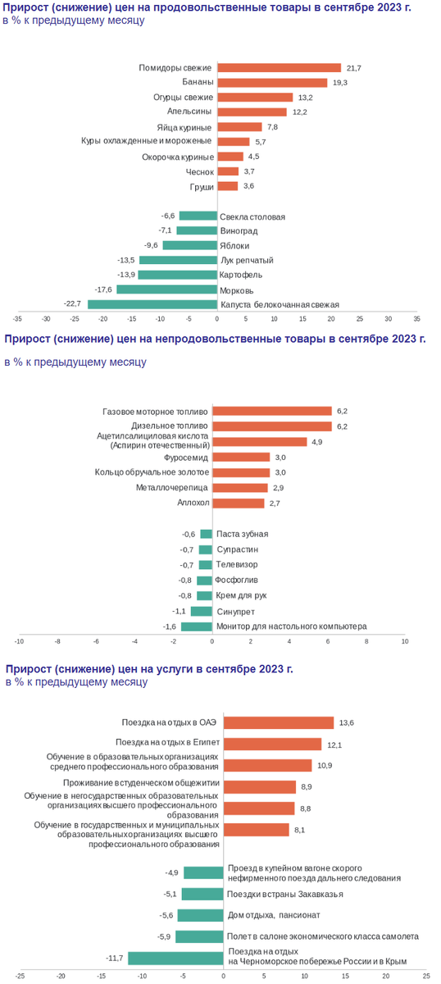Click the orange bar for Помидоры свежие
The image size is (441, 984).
(x=279, y=68)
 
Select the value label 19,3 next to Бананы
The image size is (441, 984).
(x=339, y=83)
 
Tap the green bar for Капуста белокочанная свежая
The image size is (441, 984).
(x=152, y=304)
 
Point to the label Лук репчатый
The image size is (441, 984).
(x=247, y=260)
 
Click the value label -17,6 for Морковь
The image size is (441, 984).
(x=103, y=289)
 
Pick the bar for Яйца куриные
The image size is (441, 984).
(x=239, y=127)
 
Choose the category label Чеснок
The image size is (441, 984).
(x=199, y=171)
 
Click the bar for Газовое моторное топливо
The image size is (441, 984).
(x=272, y=411)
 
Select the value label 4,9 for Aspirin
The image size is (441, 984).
(x=317, y=442)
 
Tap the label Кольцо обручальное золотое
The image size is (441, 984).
(x=152, y=472)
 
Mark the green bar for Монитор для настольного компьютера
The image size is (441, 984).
(x=197, y=626)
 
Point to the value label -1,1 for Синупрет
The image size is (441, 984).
(x=179, y=611)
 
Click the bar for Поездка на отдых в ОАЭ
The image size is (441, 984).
(x=279, y=722)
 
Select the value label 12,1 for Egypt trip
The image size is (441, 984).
(x=334, y=745)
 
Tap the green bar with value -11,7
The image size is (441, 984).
(x=175, y=958)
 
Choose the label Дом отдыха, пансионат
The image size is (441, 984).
(x=274, y=915)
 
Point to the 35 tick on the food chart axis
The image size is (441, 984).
(x=416, y=320)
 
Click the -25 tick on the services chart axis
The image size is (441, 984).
(x=20, y=976)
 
